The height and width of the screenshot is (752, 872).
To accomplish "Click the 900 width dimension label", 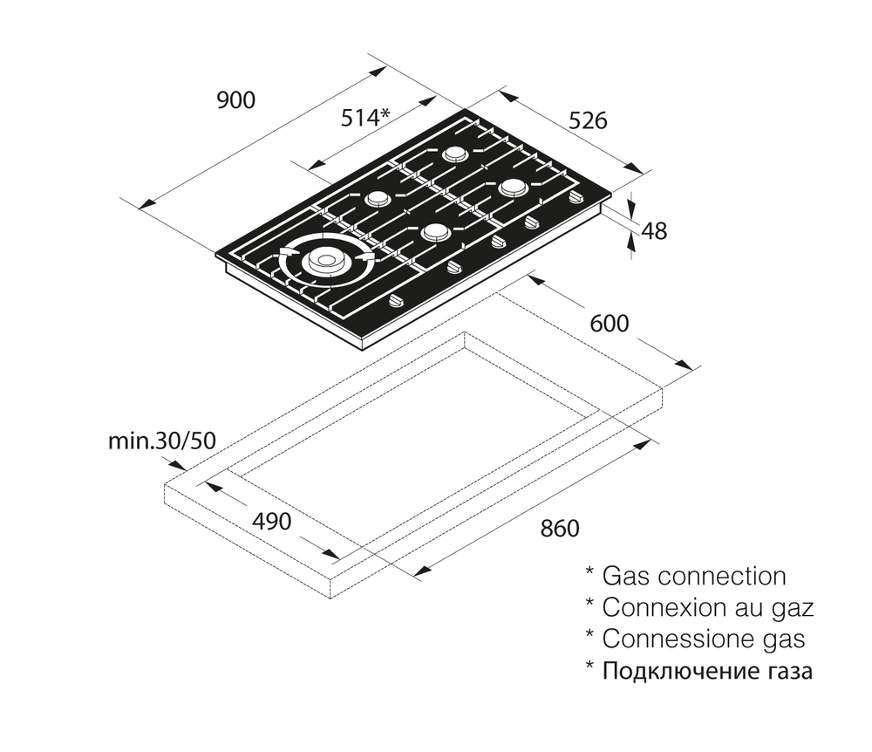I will pyautogui.click(x=235, y=100).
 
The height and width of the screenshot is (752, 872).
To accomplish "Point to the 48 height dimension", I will pyautogui.click(x=654, y=231).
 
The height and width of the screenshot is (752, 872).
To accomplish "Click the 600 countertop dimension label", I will pyautogui.click(x=609, y=324).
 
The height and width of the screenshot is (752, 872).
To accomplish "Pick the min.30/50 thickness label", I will pyautogui.click(x=161, y=441).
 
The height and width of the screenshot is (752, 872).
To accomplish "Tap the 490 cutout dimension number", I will pyautogui.click(x=271, y=522).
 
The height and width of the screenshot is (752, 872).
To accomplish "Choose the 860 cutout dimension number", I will pyautogui.click(x=560, y=528).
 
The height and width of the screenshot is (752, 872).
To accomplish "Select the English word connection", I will pyautogui.click(x=721, y=577).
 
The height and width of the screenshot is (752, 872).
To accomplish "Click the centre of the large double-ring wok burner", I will pyautogui.click(x=324, y=259).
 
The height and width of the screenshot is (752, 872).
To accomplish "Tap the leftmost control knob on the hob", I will pyautogui.click(x=398, y=302).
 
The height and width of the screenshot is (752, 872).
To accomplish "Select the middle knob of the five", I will pyautogui.click(x=500, y=242).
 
